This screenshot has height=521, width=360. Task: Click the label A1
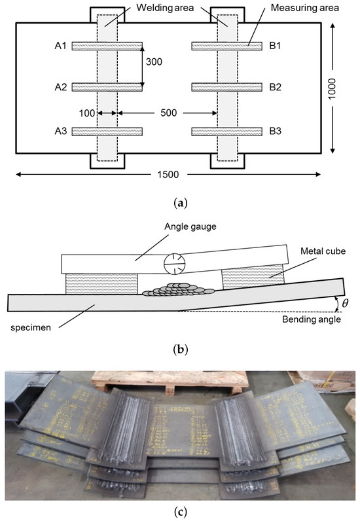tap(62, 46)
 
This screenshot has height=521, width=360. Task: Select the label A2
tap(62, 86)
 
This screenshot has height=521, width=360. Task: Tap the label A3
tap(62, 131)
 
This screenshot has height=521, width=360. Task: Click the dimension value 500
tap(167, 113)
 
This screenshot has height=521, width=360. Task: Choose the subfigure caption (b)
tap(179, 349)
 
